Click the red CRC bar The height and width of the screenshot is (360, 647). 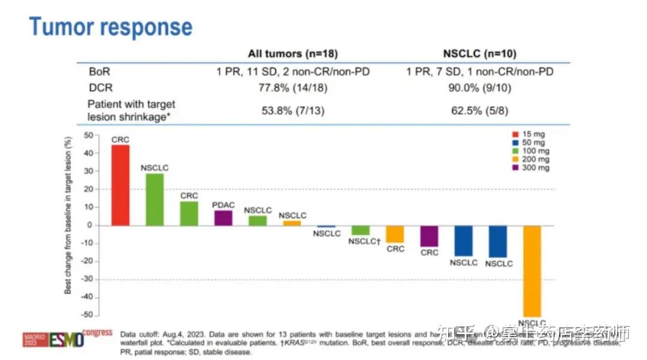(120, 185)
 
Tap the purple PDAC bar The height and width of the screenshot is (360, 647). (223, 218)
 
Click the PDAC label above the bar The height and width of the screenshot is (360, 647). (223, 205)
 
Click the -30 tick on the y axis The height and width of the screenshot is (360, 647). (88, 279)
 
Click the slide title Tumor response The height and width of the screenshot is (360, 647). (111, 27)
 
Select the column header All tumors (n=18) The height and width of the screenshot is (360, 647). (293, 53)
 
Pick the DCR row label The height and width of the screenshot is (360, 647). (100, 87)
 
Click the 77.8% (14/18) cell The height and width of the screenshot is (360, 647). (293, 87)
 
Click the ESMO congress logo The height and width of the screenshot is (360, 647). (67, 339)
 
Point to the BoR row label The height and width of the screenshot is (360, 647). (99, 71)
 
